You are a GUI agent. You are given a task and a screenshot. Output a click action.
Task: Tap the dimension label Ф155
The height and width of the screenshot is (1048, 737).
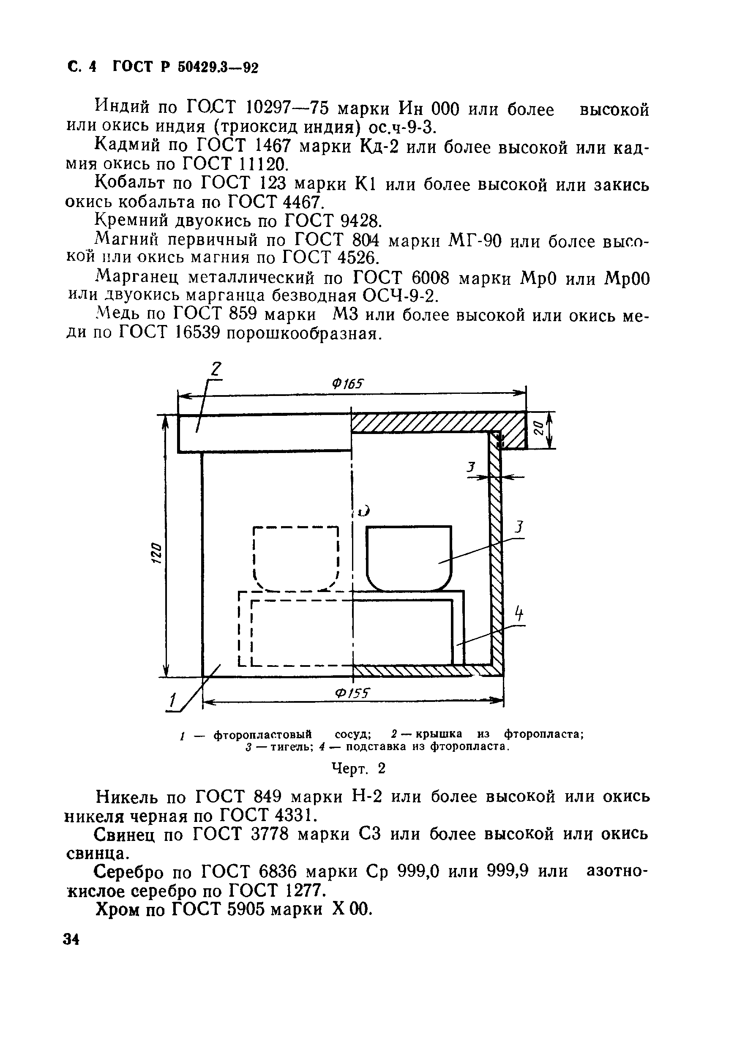pyautogui.click(x=352, y=693)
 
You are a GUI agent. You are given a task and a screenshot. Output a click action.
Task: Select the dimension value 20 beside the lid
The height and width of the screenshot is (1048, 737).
pyautogui.click(x=538, y=428)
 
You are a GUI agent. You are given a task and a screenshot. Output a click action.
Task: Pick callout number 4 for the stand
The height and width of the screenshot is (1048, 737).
pyautogui.click(x=519, y=614)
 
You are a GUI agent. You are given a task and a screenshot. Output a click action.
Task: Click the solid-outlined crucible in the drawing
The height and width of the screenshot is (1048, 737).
pyautogui.click(x=408, y=557)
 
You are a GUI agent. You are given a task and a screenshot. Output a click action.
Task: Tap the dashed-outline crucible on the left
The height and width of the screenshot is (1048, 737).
pyautogui.click(x=296, y=558)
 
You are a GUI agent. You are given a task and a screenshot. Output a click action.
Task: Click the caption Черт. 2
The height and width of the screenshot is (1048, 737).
pyautogui.click(x=358, y=769)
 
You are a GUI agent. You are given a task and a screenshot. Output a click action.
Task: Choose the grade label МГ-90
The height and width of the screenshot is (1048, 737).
pyautogui.click(x=475, y=240)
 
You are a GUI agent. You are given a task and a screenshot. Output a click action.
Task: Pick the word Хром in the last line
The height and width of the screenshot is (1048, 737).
pyautogui.click(x=116, y=910)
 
